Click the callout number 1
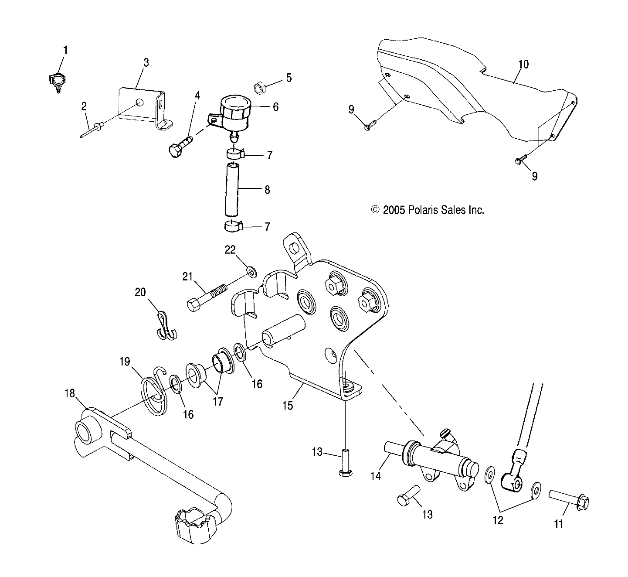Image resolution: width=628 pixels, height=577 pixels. click(x=65, y=50)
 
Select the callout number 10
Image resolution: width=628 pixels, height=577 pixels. click(x=523, y=64)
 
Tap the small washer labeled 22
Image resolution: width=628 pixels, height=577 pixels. click(x=252, y=273)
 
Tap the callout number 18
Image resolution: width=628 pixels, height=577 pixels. click(x=70, y=393)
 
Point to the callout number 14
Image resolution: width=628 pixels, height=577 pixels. click(x=375, y=476)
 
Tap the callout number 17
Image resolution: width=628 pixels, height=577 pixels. click(x=217, y=401)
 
